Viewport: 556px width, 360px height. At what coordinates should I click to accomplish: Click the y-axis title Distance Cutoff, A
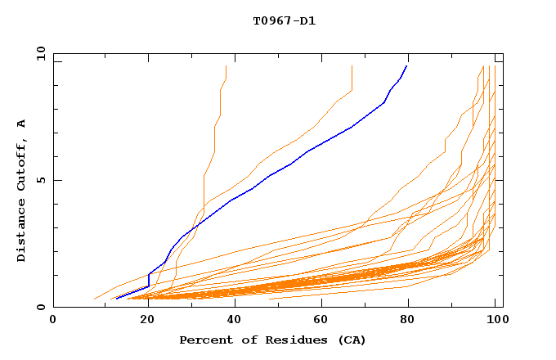21,190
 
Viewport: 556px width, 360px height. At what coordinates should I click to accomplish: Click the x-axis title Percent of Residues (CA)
272,340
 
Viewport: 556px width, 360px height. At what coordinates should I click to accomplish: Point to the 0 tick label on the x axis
53,321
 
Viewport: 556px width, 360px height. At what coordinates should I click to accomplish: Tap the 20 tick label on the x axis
142,321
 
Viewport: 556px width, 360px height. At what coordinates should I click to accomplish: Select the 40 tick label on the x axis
231,321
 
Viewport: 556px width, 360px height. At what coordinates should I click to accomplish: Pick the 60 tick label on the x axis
319,321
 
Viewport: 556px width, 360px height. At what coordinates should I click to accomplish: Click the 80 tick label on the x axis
407,321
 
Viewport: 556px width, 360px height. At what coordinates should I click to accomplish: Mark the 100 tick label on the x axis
493,321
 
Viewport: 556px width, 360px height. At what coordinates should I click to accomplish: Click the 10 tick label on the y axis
40,53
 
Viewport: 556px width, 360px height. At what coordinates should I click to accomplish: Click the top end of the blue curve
406,66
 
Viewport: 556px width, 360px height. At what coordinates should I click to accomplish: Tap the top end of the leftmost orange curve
226,66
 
